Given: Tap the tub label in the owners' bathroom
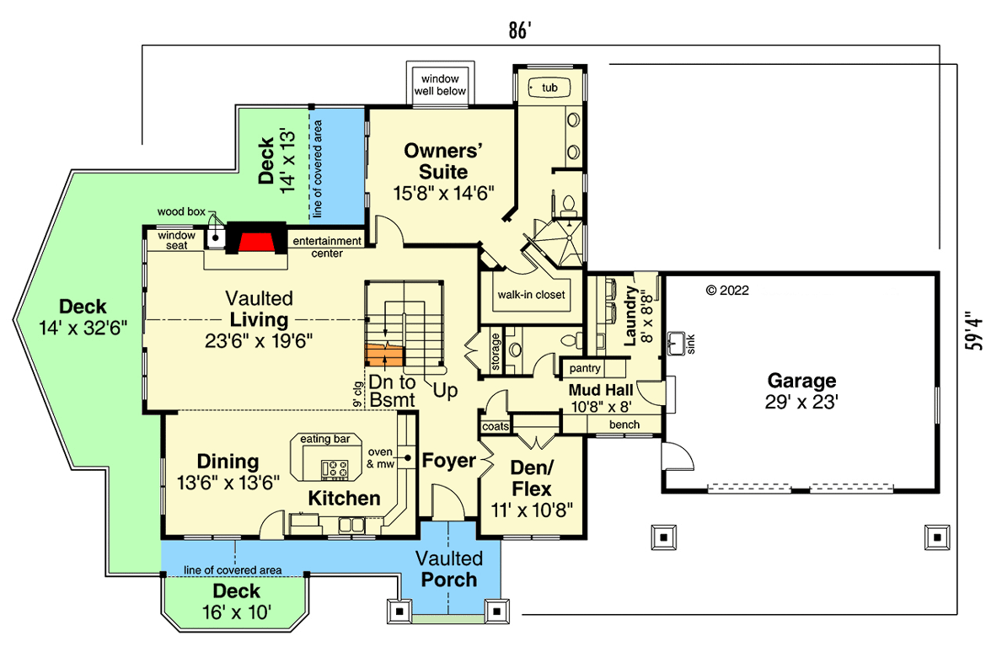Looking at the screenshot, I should coord(549,88).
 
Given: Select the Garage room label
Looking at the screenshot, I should coord(801,381).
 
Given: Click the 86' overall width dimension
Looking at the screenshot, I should coord(520,31).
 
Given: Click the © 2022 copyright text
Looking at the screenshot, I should coord(727,291).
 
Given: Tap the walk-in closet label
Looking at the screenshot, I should coord(531,295).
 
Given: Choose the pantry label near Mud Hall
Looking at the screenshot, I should coord(584,368).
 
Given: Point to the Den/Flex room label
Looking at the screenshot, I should coord(531,478).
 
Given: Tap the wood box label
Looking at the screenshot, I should coord(181,211).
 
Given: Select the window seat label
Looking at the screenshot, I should coord(177,240).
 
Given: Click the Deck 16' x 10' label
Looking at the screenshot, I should coord(236,601).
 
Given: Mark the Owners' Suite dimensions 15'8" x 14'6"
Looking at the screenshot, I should coord(443,192).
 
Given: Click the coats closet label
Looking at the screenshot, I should coord(496,426).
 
